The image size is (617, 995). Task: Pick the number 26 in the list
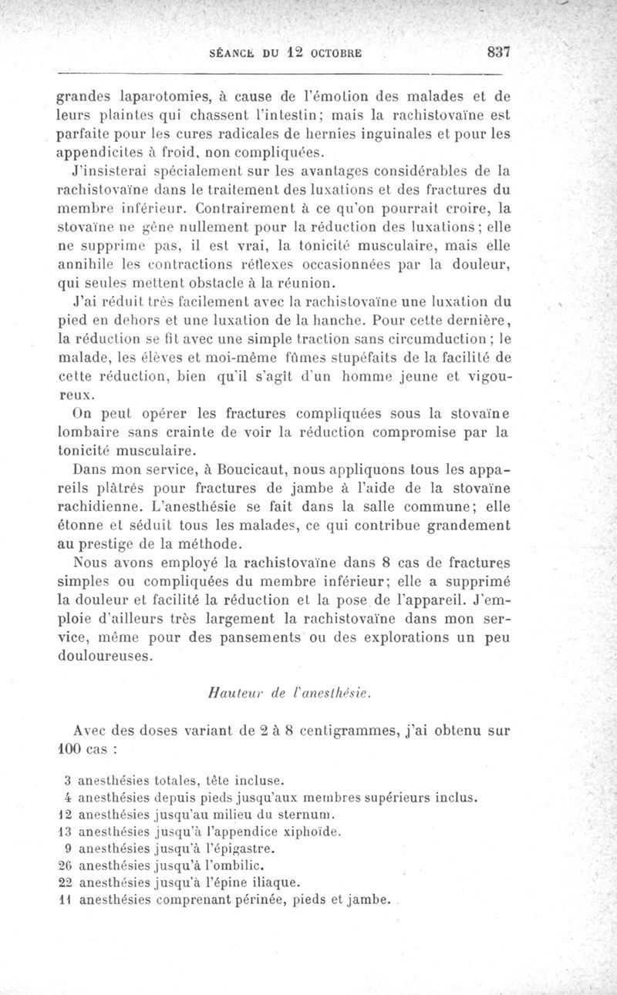pyautogui.click(x=66, y=866)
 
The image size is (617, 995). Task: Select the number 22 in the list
pyautogui.click(x=66, y=883)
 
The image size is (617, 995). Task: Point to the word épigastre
pyautogui.click(x=244, y=849)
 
